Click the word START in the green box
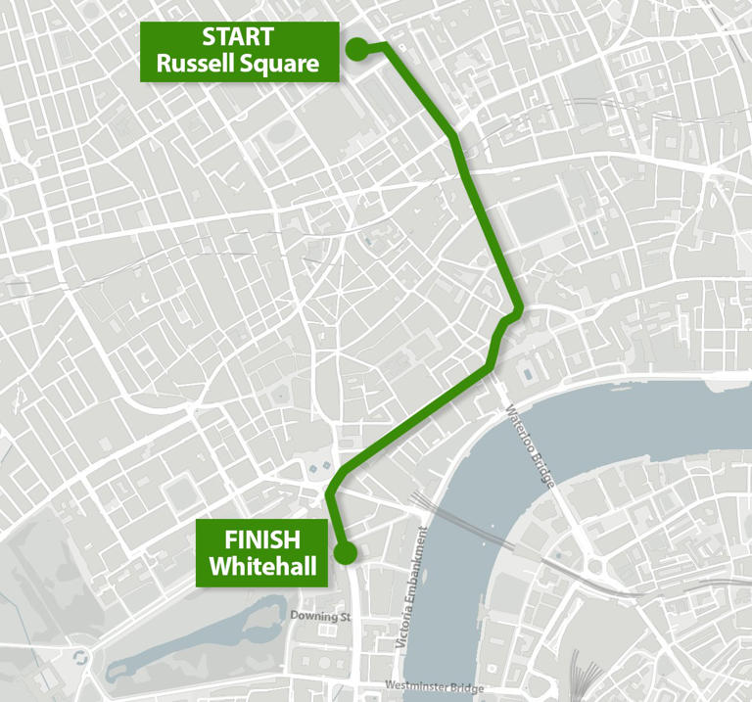point(238,37)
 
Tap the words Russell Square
point(238,66)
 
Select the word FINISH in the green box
point(261,538)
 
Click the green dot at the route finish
point(345,554)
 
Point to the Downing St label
point(320,617)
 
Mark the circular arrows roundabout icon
point(81,657)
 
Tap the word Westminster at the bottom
point(416,685)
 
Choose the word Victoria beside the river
point(403,631)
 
